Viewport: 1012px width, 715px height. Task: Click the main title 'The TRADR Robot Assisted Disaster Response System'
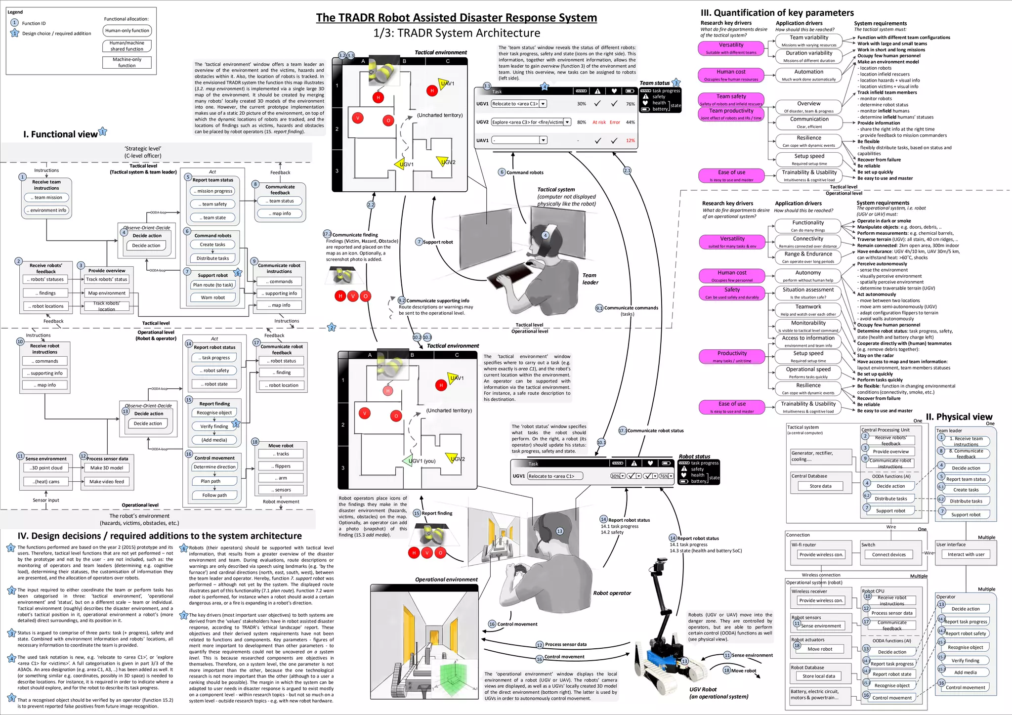(456, 18)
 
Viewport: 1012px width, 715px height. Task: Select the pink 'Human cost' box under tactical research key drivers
(731, 75)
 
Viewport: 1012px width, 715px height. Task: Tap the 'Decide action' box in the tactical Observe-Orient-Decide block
(146, 246)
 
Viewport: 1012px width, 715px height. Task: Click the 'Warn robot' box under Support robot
(212, 297)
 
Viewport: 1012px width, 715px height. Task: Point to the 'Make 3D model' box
(106, 468)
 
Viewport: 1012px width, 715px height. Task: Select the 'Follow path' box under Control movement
(214, 495)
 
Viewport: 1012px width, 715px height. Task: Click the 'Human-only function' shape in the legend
(127, 31)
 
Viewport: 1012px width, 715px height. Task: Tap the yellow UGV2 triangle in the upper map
(442, 161)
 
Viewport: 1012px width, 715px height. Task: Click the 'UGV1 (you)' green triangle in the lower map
(409, 461)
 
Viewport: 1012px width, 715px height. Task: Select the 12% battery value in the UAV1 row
(630, 141)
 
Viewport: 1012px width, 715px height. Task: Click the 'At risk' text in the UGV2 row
(599, 122)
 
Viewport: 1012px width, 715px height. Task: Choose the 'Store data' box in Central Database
(820, 486)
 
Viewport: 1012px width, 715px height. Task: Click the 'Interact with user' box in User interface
(966, 554)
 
